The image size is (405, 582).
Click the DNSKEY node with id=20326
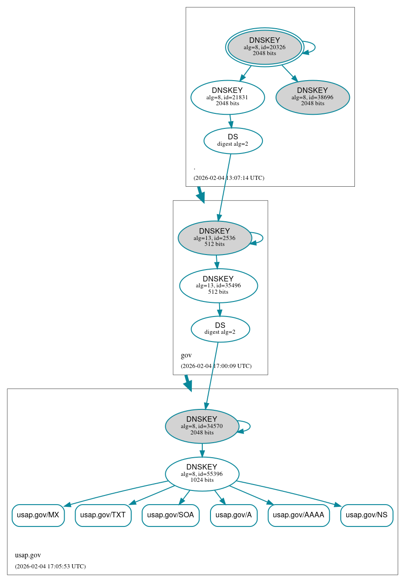(264, 47)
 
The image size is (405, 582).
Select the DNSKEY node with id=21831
(227, 97)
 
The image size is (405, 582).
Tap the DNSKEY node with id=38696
(313, 97)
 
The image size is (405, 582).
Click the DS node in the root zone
(233, 140)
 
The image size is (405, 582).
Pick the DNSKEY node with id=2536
(215, 238)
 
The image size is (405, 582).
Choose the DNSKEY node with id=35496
(218, 286)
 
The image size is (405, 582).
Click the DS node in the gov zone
(220, 329)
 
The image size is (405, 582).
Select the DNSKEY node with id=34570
(202, 426)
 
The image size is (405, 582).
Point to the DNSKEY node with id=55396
(202, 474)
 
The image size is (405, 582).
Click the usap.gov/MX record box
(38, 515)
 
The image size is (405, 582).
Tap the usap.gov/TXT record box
(103, 515)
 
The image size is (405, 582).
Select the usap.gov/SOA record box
(170, 515)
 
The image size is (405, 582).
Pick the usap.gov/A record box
(233, 515)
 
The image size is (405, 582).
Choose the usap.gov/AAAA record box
(298, 515)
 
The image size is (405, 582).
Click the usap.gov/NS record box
(366, 515)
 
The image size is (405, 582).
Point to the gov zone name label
(186, 355)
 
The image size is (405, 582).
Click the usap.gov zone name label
(28, 555)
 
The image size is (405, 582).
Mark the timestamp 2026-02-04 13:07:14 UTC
(229, 178)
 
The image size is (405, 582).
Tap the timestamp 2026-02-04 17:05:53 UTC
(50, 566)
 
